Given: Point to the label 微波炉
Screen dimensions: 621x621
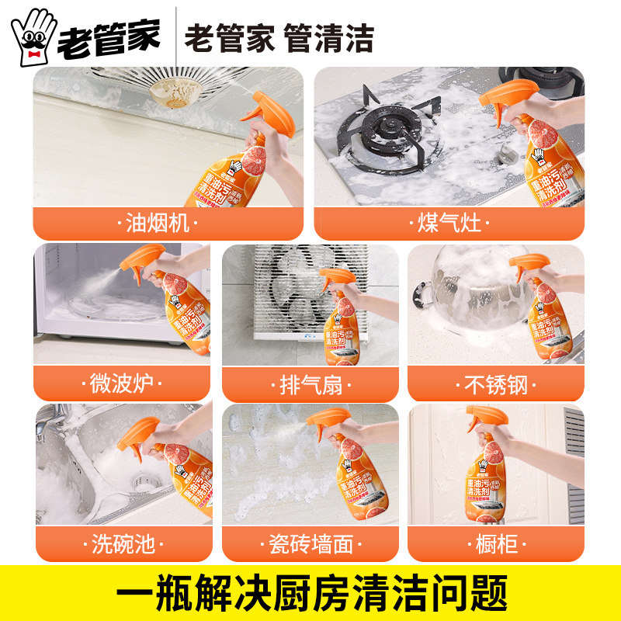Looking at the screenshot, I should (123, 383).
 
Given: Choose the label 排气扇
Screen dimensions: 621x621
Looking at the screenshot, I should (310, 383).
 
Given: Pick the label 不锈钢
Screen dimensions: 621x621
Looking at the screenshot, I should (495, 383).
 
